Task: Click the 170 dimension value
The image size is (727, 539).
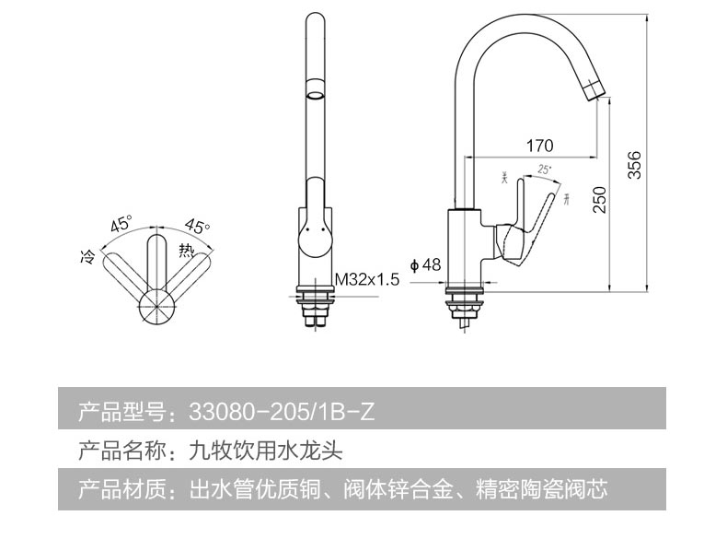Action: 539,145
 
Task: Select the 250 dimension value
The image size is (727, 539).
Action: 600,199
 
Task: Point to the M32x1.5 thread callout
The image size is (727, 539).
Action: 366,278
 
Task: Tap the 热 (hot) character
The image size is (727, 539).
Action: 186,249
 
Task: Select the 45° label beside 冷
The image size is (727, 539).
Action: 121,224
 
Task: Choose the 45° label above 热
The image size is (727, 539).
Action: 197,224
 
